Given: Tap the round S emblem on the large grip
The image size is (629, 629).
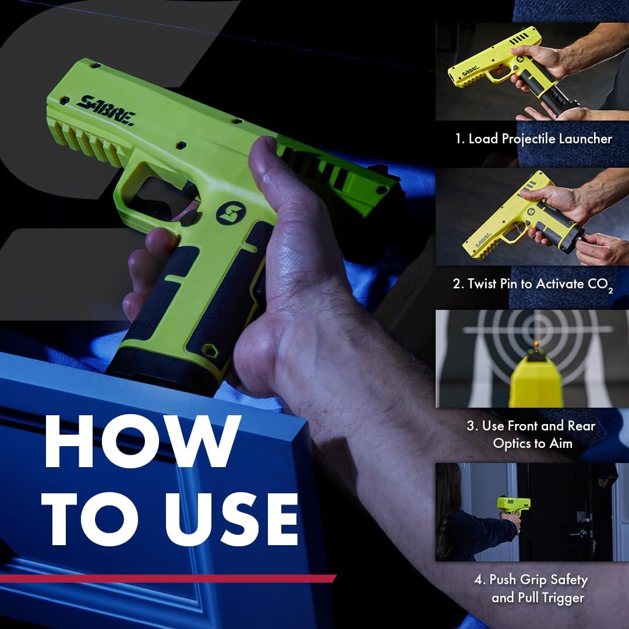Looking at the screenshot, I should click(x=229, y=213).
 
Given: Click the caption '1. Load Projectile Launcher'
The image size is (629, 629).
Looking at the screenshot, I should click(x=533, y=139).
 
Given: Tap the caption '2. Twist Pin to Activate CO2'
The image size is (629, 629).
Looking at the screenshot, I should click(x=533, y=285).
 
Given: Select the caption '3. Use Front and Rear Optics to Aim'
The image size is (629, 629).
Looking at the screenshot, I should click(x=531, y=434).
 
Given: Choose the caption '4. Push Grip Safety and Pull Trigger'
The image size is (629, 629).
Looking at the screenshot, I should click(x=531, y=588).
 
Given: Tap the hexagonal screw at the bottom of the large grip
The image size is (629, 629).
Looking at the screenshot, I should click(x=207, y=351).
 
